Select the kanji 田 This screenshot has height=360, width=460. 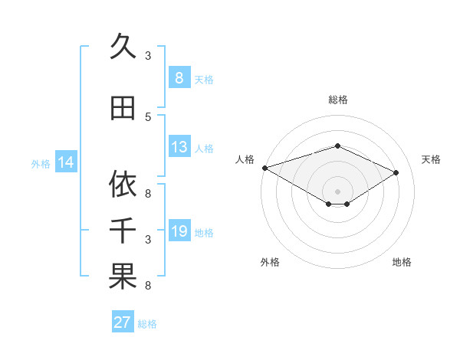tap(123, 109)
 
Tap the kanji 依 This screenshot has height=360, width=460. tap(123, 184)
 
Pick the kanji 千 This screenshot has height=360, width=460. tap(123, 231)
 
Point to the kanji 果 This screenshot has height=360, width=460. tap(123, 277)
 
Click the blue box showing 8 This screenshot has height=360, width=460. tap(179, 78)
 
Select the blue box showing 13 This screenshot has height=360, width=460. tap(179, 147)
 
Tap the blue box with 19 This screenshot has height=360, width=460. tap(179, 231)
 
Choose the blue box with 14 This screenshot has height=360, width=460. tap(66, 162)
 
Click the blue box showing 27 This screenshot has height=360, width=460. tap(122, 322)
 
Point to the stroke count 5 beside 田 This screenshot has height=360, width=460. tap(148, 116)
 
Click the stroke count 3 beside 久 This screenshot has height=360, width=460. tap(148, 56)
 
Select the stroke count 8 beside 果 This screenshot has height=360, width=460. tap(148, 286)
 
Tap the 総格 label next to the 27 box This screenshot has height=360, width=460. tap(147, 324)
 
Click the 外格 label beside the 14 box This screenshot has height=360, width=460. tap(41, 163)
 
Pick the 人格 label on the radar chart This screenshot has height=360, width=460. tap(245, 159)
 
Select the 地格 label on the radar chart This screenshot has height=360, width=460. tap(402, 262)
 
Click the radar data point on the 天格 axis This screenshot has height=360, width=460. tap(396, 173)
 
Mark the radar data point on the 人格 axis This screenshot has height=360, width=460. tap(264, 168)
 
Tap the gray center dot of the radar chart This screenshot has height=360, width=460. tap(337, 191)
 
